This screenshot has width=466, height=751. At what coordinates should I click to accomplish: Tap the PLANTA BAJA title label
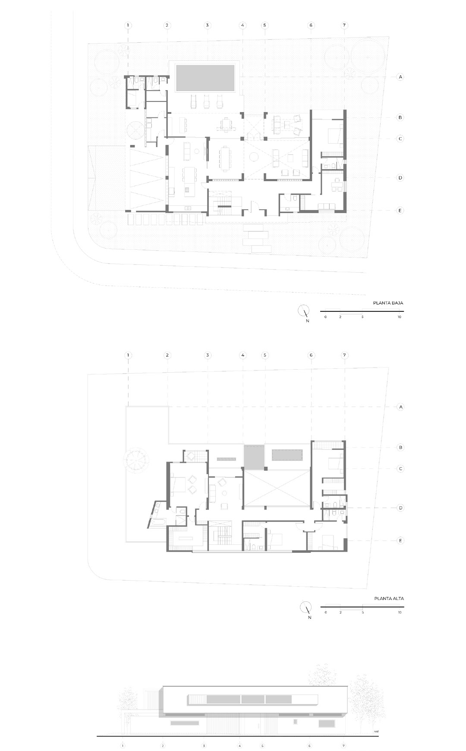tap(388, 303)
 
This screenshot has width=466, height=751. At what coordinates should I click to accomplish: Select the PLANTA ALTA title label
tap(389, 599)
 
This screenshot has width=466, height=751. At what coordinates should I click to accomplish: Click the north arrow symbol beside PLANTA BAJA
tap(304, 311)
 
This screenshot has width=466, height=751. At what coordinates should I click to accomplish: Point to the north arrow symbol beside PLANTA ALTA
tap(305, 607)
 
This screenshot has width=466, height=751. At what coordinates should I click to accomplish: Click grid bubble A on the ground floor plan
tap(400, 77)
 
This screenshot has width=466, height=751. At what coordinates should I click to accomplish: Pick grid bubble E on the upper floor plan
tap(400, 540)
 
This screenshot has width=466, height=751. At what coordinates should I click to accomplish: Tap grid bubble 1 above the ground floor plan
tap(128, 25)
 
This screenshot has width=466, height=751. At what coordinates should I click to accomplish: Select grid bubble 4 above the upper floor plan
tap(243, 355)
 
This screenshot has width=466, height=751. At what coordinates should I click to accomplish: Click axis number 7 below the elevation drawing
tap(344, 745)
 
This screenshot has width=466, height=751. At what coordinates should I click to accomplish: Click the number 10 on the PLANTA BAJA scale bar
tap(400, 317)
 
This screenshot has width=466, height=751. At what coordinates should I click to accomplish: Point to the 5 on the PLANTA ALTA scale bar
tap(362, 613)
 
